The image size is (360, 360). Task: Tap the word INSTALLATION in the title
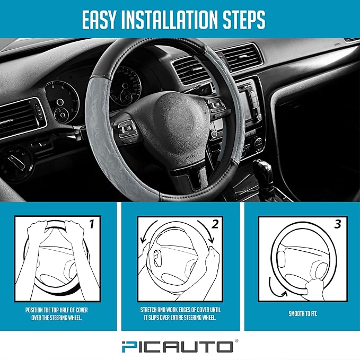point(179,20)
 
